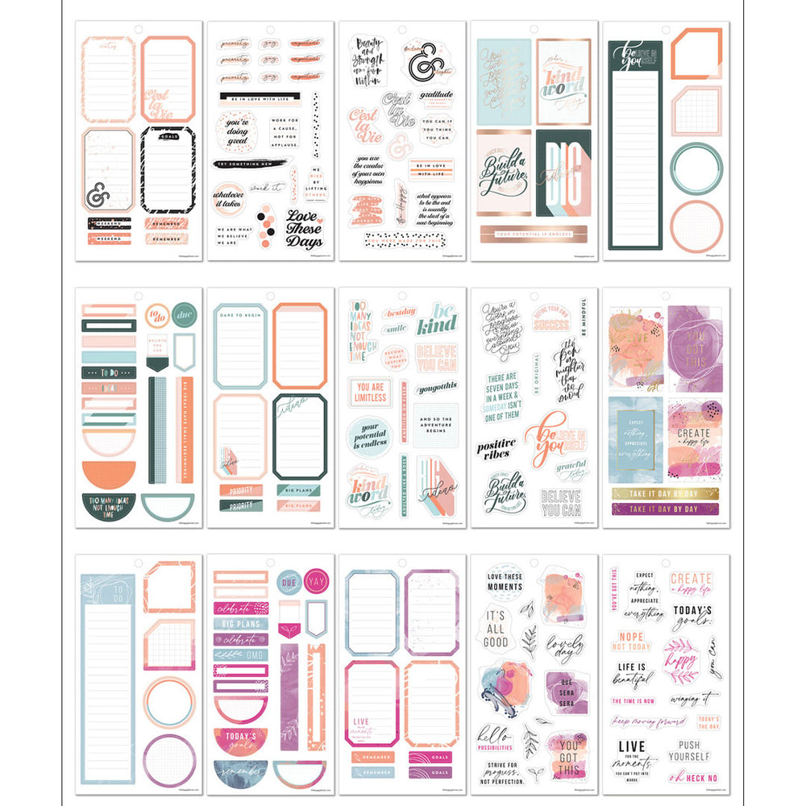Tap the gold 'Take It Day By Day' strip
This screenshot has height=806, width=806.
tap(667, 492)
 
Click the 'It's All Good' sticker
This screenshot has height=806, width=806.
tap(496, 625)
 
